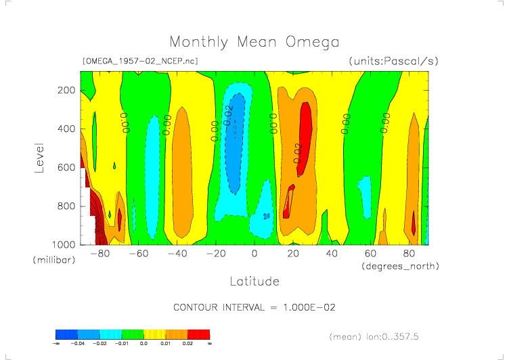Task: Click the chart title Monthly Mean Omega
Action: (254, 43)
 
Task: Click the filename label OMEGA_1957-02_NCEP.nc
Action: (139, 61)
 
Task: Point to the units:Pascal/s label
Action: (394, 61)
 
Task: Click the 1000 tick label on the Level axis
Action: (64, 244)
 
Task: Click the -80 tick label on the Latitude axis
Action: (99, 254)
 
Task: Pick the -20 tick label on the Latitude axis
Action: (215, 254)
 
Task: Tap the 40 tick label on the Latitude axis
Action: (332, 254)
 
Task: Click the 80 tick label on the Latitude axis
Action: (409, 254)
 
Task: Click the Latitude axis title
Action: (254, 280)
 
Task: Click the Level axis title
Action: (39, 158)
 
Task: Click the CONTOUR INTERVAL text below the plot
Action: (254, 307)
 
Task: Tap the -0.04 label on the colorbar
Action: (78, 343)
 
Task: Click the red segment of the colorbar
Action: (198, 334)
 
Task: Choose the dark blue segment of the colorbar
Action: (66, 334)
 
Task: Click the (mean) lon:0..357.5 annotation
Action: (383, 336)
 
